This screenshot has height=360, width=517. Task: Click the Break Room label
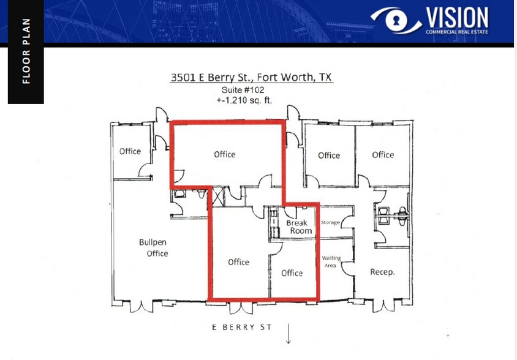click(298, 227)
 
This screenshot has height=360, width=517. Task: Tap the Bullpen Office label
click(153, 248)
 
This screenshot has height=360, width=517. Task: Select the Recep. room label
click(382, 272)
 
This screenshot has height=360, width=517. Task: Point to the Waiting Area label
click(331, 262)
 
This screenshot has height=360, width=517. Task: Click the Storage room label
click(330, 222)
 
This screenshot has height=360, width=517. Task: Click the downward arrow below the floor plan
click(288, 334)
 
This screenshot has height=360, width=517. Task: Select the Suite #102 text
click(243, 90)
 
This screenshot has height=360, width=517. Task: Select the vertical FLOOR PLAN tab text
click(26, 51)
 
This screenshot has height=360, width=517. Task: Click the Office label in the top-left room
click(130, 151)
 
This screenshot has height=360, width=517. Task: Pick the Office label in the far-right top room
click(383, 155)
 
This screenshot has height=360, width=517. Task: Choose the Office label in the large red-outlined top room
click(225, 154)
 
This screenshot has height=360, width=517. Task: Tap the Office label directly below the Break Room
click(292, 273)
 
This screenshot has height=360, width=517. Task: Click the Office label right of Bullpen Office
click(238, 262)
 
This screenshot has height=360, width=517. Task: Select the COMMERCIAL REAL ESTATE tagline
click(457, 32)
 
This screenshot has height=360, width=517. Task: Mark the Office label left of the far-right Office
click(329, 156)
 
